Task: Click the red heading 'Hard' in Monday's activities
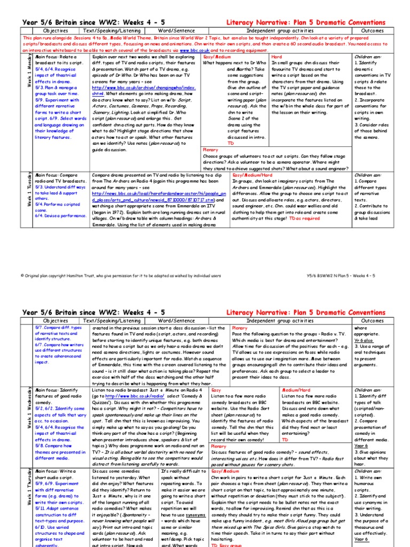pos(277,56)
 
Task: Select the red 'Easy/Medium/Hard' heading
pos(228,175)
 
